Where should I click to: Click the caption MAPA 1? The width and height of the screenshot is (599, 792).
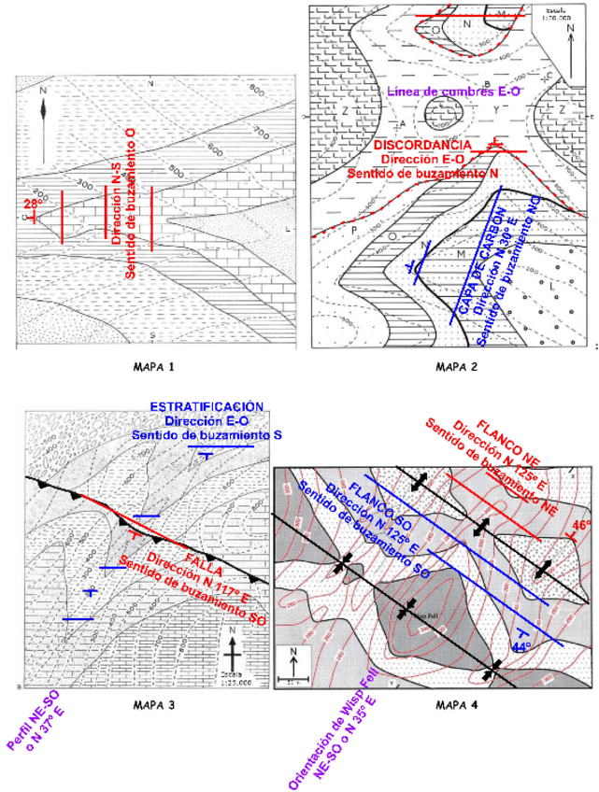[153, 366]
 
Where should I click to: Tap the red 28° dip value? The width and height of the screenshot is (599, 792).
[34, 204]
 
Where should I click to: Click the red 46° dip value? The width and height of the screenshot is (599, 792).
[581, 527]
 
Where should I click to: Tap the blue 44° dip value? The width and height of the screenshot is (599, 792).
[521, 645]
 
